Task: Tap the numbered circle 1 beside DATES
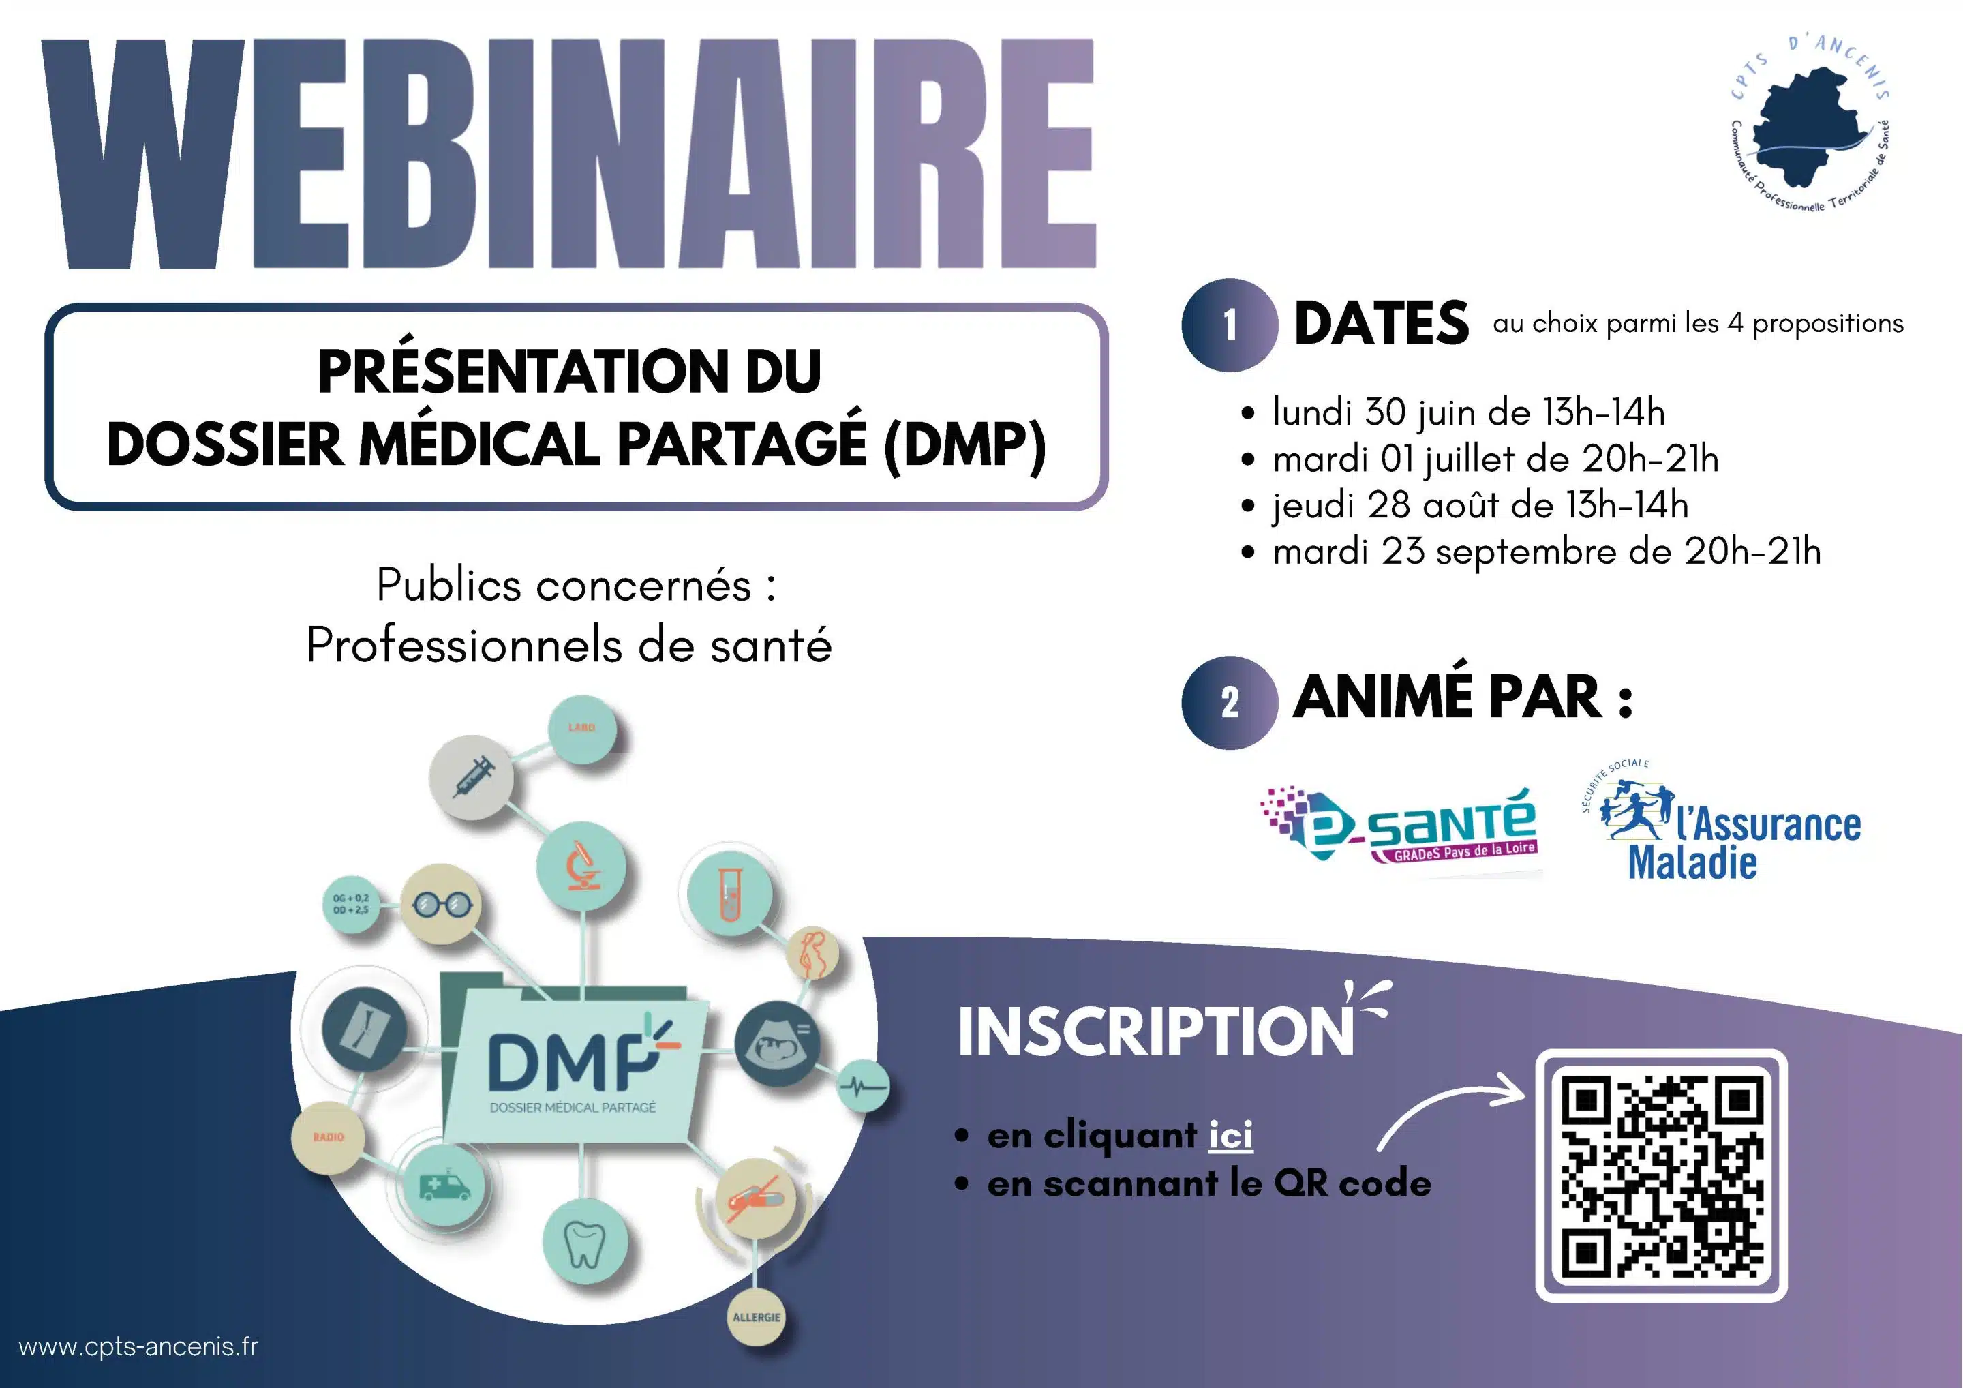tap(1230, 325)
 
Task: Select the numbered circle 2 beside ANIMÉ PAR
tap(1230, 702)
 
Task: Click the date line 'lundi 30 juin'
tap(1468, 412)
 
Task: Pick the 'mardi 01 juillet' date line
tap(1495, 459)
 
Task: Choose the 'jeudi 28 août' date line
tap(1480, 504)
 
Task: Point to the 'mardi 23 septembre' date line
tap(1547, 552)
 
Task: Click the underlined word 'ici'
tap(1230, 1135)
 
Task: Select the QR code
tap(1661, 1175)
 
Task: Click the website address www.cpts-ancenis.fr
tap(138, 1346)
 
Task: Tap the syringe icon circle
tap(471, 776)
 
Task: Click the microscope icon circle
tap(581, 866)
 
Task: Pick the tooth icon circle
tap(585, 1243)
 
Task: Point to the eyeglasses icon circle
tap(441, 904)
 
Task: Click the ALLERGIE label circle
tap(756, 1317)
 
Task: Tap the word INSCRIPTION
tap(1156, 1031)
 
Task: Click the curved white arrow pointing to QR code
tap(1445, 1103)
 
